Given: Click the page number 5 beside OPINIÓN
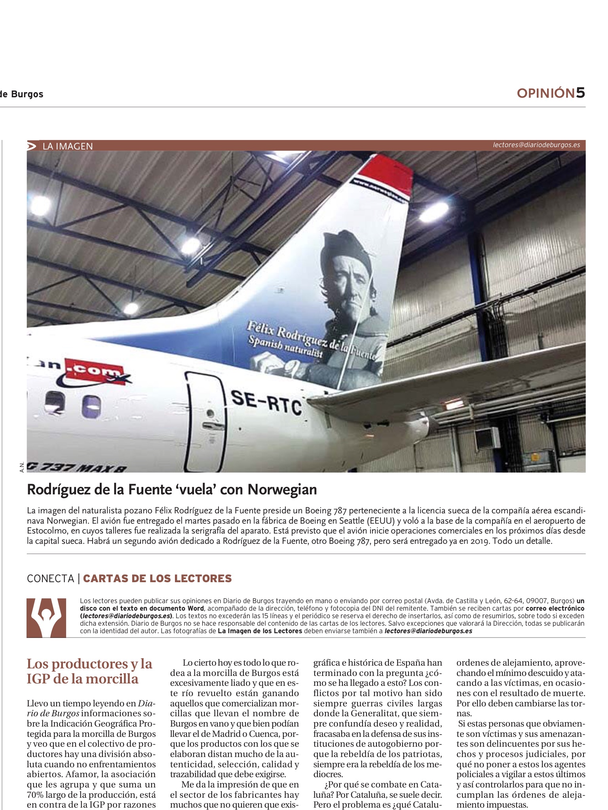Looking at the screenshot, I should click(580, 93).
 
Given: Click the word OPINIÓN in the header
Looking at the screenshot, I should click(545, 93).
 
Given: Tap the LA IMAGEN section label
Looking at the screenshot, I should click(68, 146).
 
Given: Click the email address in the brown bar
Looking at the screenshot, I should click(536, 145).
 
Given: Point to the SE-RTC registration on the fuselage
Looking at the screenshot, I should click(266, 402).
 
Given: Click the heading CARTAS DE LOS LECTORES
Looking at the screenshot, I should click(157, 578).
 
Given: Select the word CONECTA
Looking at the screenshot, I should click(50, 579).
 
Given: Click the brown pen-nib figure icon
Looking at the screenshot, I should click(46, 618).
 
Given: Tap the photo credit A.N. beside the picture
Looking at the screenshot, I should click(23, 467).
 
